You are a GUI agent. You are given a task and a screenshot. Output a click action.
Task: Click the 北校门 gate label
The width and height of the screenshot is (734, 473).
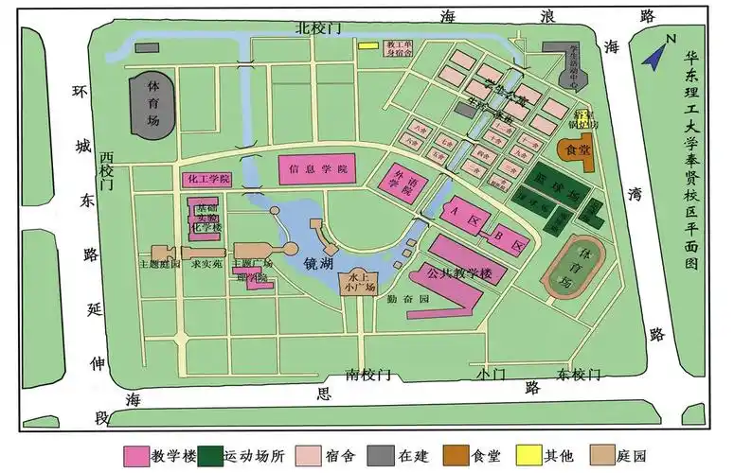point(316,28)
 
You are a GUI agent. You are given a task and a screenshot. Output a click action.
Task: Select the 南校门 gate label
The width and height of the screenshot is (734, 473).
point(367,375)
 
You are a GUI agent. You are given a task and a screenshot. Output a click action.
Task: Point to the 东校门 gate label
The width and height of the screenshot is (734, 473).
point(581,374)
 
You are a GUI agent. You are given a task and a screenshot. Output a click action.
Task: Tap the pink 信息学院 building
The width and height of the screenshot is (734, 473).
point(317,169)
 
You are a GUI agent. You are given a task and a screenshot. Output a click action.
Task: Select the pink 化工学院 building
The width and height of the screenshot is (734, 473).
point(206,179)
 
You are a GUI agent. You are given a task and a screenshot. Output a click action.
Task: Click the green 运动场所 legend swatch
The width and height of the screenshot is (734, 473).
point(211,455)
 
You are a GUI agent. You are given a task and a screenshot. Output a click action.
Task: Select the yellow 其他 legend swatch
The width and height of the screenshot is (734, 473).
point(527,455)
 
